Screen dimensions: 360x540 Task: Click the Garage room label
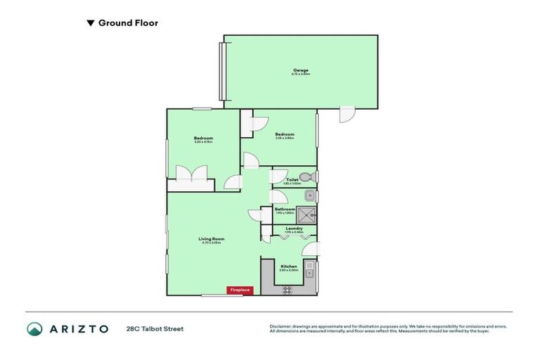coord(301,70)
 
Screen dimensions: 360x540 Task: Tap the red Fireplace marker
coord(239,290)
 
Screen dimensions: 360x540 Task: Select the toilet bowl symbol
coord(305,177)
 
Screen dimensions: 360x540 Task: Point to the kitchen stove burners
coord(286,290)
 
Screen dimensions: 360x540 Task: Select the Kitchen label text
coord(288,266)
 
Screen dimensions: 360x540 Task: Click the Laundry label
coord(294,228)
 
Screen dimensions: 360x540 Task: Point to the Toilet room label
coord(292,179)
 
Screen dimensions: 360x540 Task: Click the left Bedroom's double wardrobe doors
coord(191,174)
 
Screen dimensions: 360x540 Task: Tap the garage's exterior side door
coord(347,115)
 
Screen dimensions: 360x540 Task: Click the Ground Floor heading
coord(128,23)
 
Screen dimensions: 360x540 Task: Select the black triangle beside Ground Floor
coord(90,23)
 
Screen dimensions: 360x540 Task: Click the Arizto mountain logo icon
coord(35,328)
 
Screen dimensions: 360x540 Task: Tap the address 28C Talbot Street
coord(155,328)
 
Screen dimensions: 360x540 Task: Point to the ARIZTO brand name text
coord(79,328)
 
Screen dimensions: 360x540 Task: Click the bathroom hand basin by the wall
coord(310,195)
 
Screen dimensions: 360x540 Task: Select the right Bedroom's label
coord(285,134)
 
